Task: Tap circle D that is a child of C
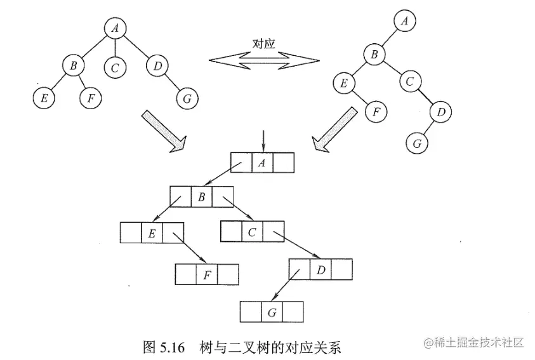point(440,112)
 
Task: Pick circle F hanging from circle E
point(376,112)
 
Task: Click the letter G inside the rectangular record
point(271,312)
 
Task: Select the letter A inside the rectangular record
point(262,163)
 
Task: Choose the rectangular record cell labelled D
point(320,270)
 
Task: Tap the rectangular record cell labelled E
point(152,233)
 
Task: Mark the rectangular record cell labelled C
point(252,232)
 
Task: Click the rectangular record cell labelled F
point(206,275)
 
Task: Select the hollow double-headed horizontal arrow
point(264,60)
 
